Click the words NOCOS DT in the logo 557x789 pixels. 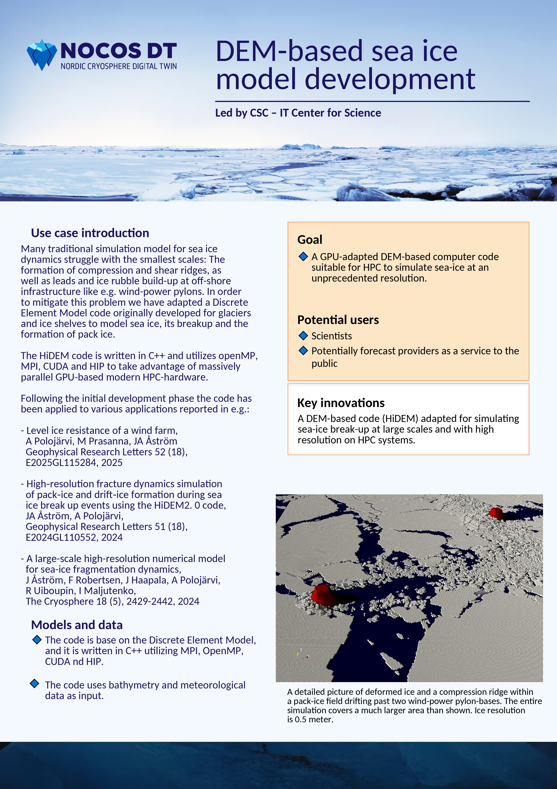(119, 51)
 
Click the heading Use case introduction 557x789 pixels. (90, 233)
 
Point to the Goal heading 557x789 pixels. (310, 239)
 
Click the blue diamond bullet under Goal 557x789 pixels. (303, 256)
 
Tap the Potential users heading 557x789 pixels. (338, 320)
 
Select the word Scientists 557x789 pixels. (332, 336)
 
